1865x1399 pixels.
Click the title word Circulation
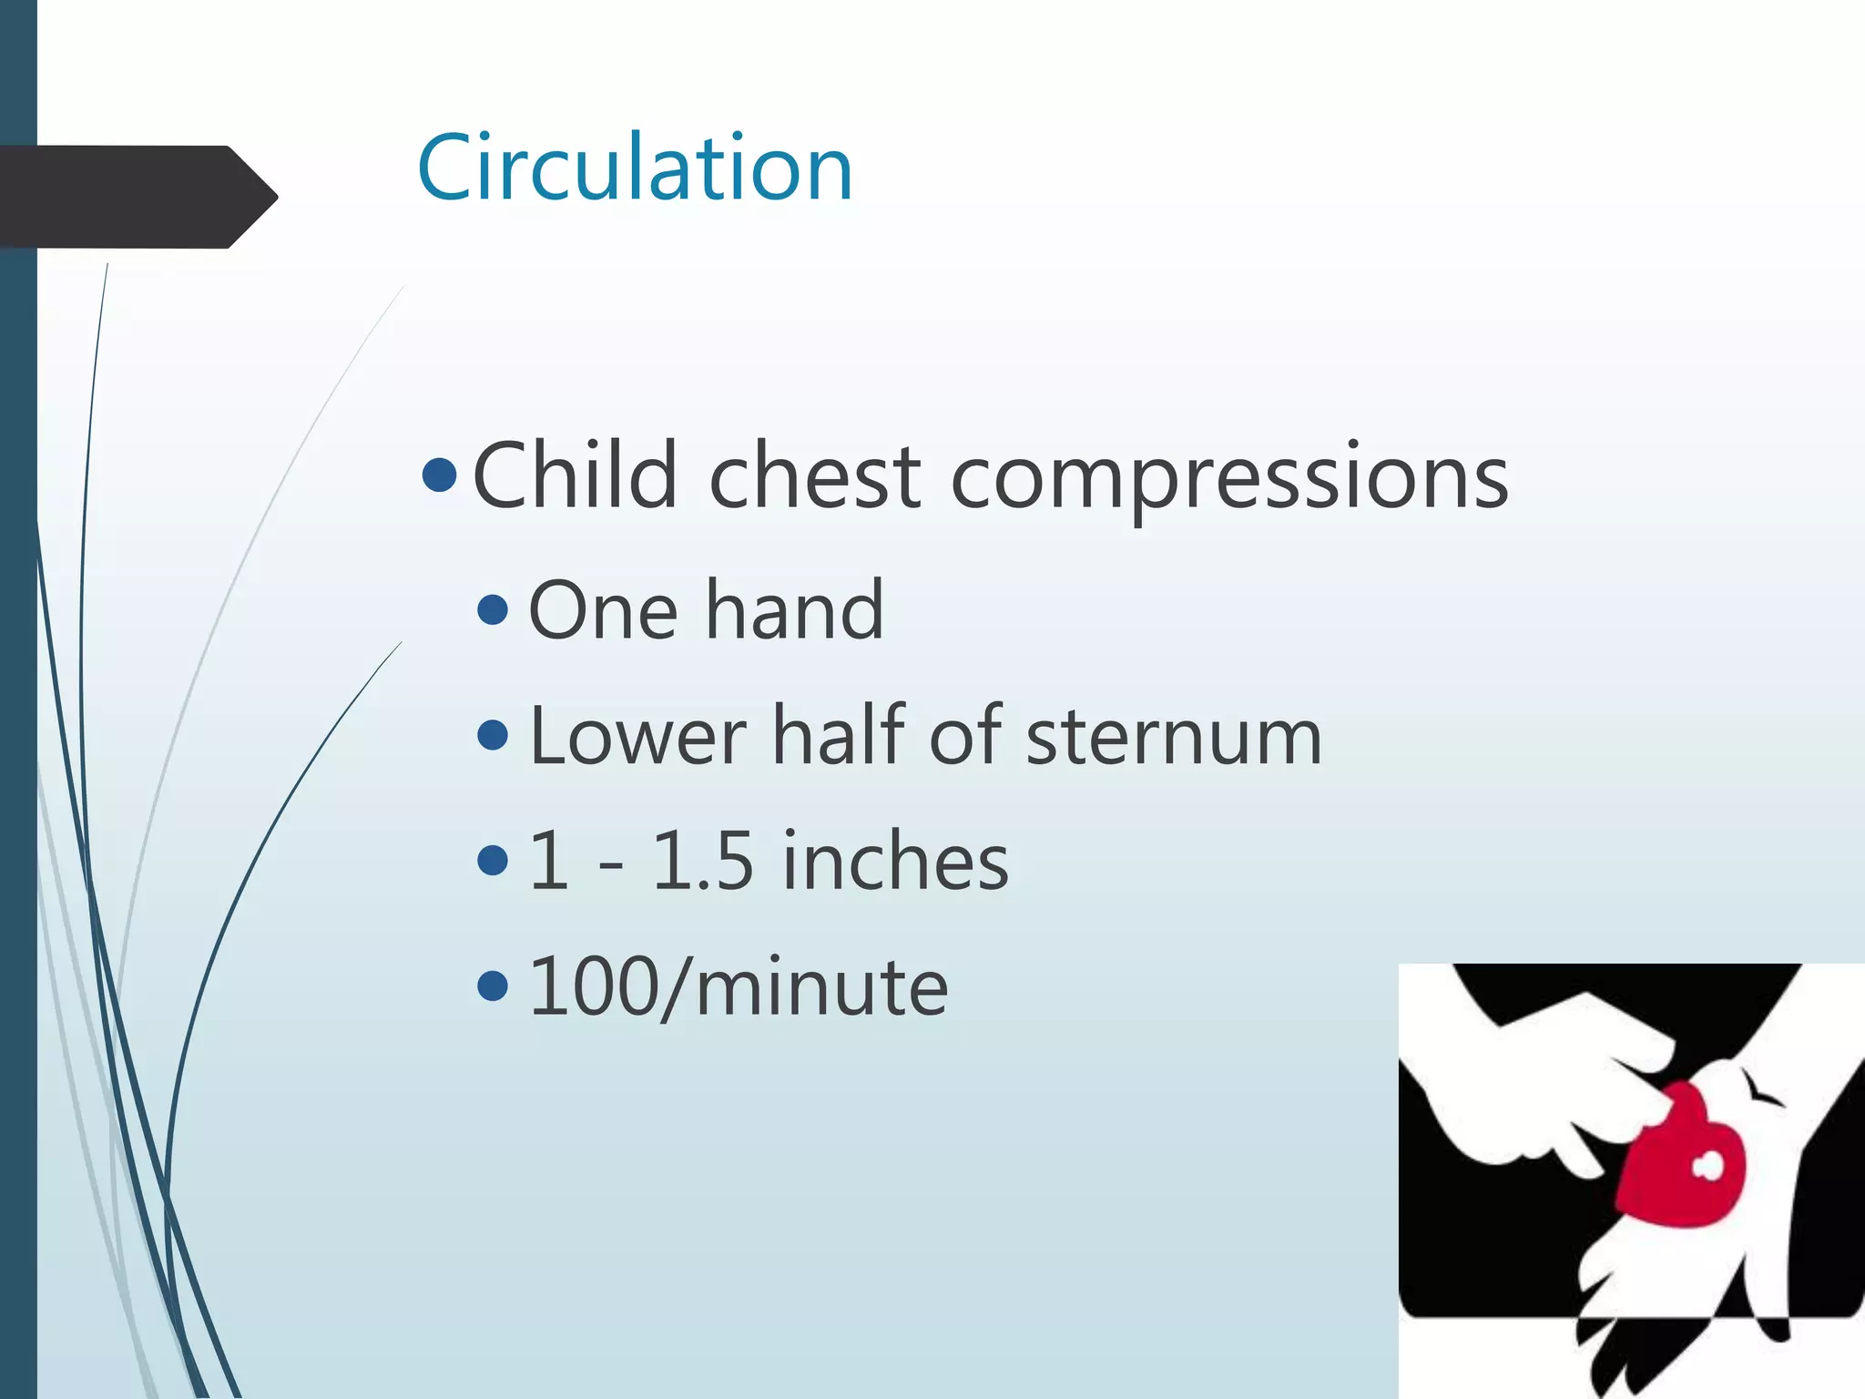tap(635, 168)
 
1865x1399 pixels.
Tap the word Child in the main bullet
tap(576, 475)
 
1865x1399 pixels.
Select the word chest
tap(815, 475)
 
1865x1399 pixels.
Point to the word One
tap(603, 610)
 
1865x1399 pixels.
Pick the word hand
tap(794, 610)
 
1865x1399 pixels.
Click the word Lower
tap(637, 736)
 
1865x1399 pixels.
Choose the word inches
tap(896, 861)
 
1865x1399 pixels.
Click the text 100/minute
tap(738, 986)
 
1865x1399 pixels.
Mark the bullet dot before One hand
tap(493, 610)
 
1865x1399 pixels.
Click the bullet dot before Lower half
tap(493, 736)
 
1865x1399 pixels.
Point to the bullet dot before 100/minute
tap(493, 985)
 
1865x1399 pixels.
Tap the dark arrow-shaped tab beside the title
tap(137, 197)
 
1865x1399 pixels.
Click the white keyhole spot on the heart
tap(1707, 1167)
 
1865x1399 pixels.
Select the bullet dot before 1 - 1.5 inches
tap(493, 861)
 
